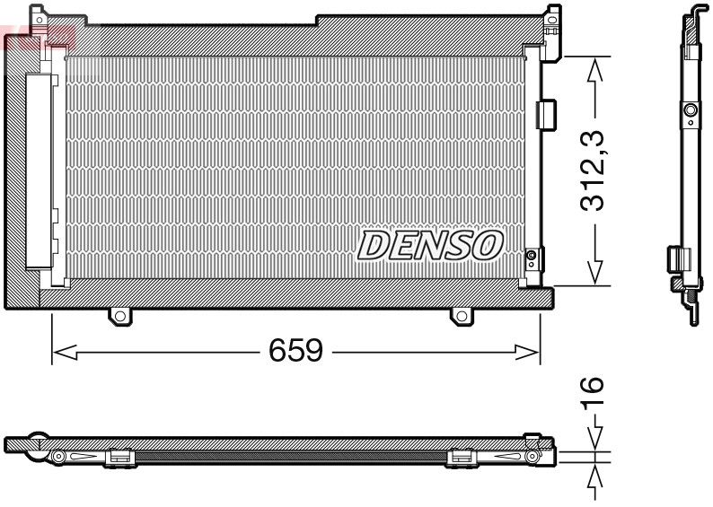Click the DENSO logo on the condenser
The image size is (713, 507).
(431, 244)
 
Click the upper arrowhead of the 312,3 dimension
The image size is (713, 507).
(591, 71)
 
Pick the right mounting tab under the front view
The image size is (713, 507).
(462, 315)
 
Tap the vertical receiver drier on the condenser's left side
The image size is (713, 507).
(40, 170)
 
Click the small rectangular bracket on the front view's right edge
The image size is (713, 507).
(545, 113)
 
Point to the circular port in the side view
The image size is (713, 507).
(690, 111)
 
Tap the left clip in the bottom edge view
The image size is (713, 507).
(119, 458)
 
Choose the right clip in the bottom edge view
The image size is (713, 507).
(461, 458)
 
